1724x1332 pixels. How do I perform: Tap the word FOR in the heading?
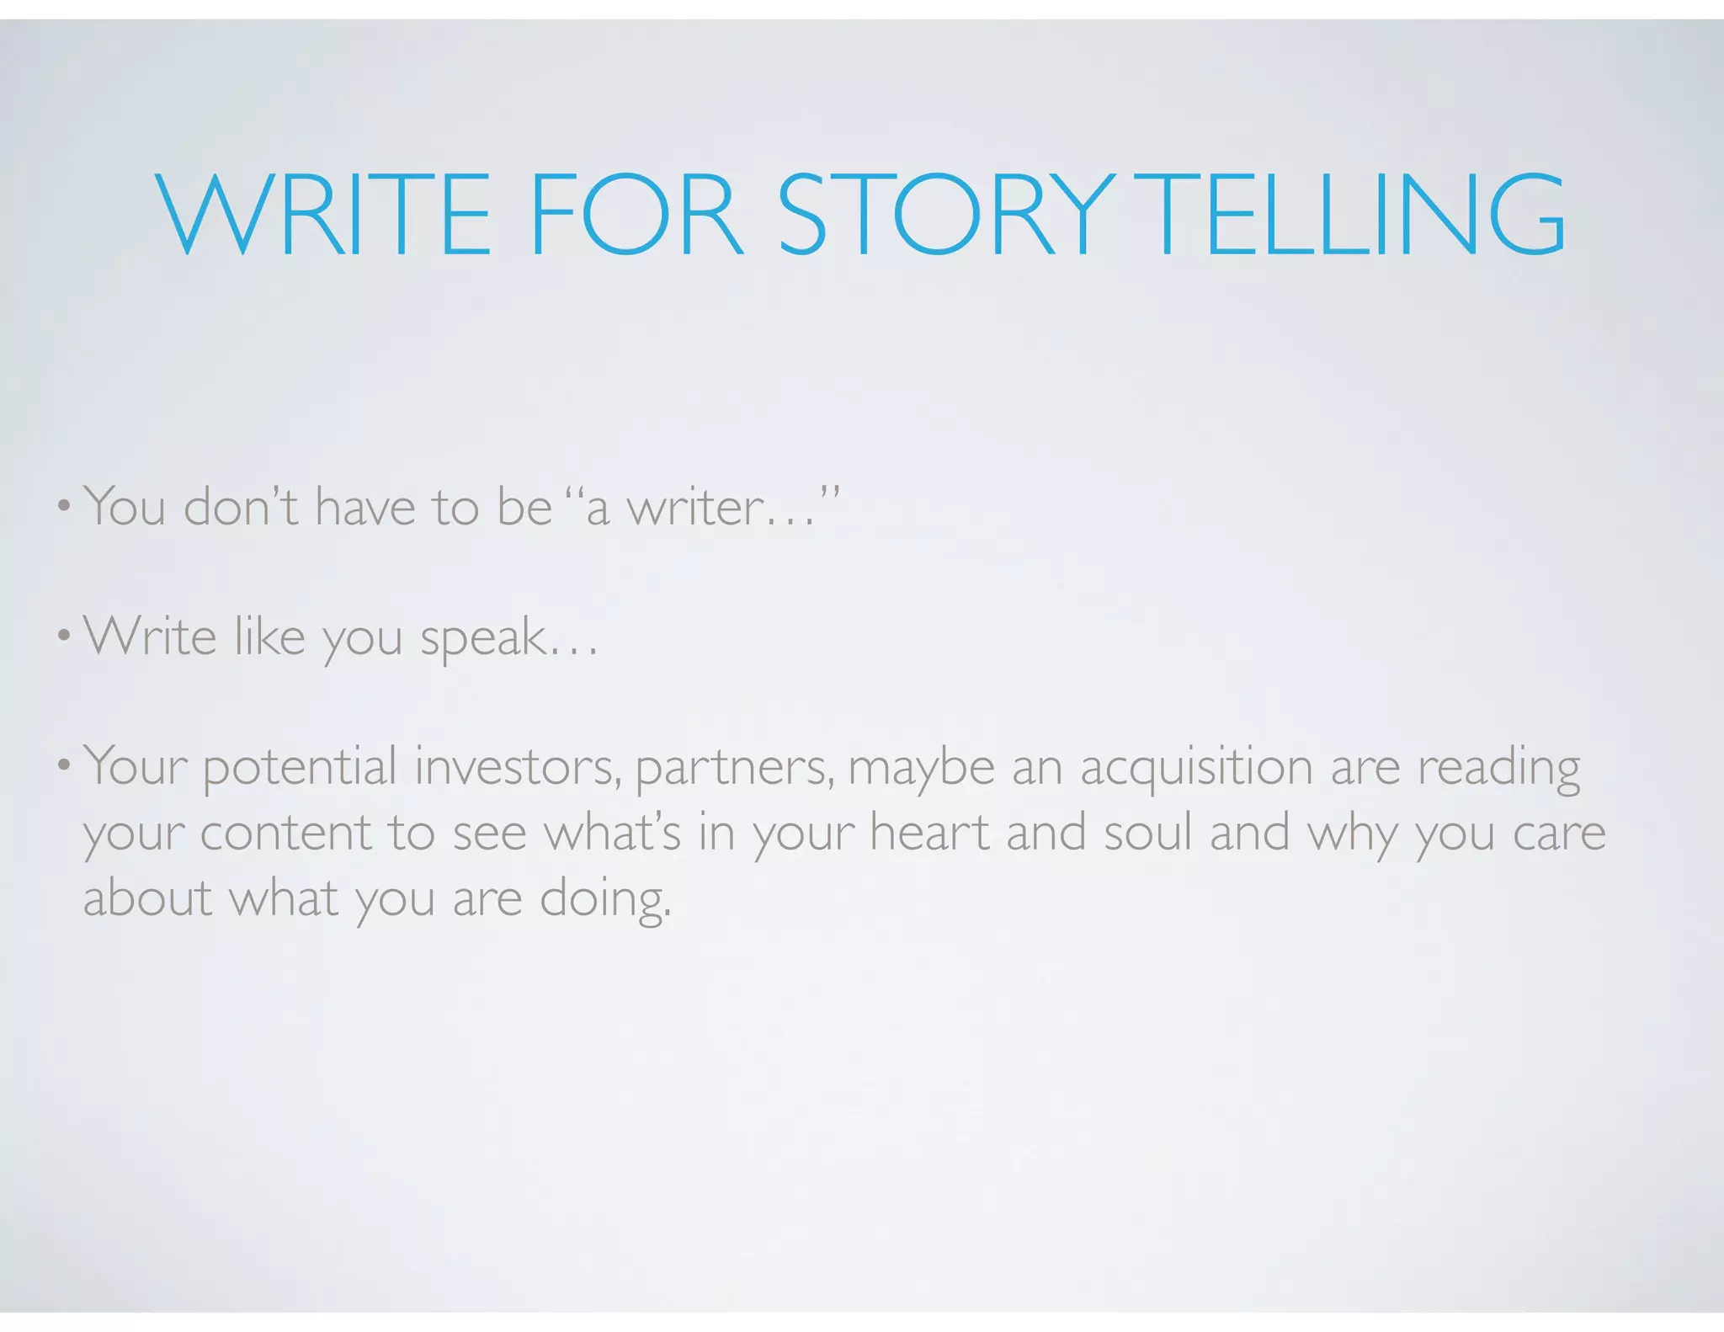[x=636, y=214]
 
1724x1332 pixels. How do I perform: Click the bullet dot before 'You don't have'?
[x=63, y=508]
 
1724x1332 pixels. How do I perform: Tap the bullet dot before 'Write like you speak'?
[x=63, y=637]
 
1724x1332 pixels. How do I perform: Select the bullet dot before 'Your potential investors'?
[x=63, y=767]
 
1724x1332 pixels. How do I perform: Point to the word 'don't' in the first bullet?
[x=241, y=508]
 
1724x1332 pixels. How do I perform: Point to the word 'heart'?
[x=929, y=833]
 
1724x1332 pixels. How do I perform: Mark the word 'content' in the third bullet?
[x=286, y=833]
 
